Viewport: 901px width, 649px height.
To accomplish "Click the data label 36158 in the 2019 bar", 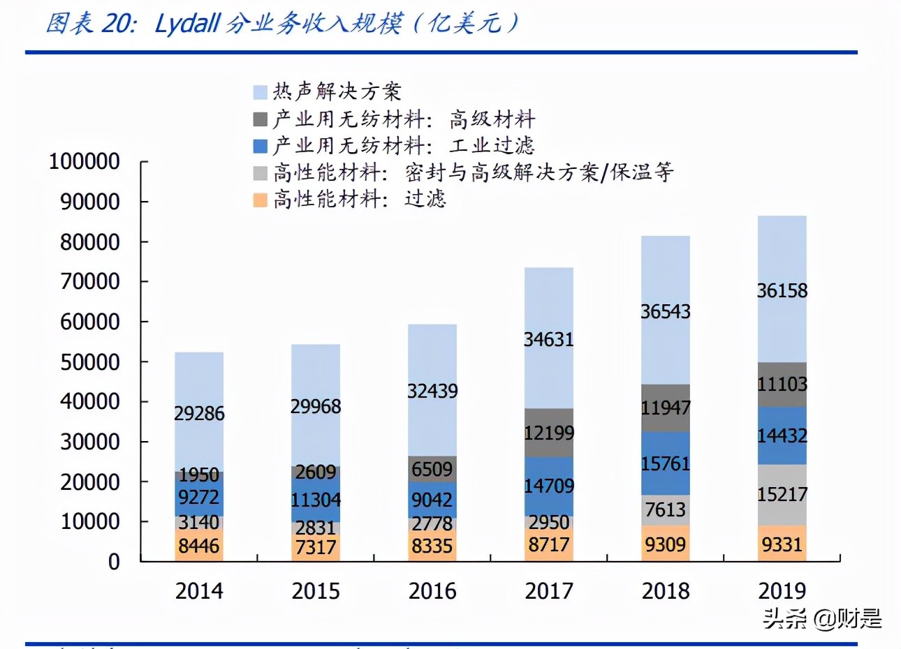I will pos(782,290).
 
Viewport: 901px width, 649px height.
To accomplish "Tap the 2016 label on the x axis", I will pos(432,591).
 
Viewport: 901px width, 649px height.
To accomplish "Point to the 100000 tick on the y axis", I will pos(85,161).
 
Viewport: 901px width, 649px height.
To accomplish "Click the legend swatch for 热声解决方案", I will pos(260,92).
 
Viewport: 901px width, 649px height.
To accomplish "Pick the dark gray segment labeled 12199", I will pos(549,433).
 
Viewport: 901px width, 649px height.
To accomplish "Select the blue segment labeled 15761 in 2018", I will pos(665,463).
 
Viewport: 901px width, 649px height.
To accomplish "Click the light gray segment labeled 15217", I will pos(782,494).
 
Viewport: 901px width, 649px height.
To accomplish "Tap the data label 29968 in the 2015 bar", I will pos(316,406).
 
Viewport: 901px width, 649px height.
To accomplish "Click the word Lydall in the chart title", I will pos(188,24).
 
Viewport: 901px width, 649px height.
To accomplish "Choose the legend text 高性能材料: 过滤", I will pos(359,200).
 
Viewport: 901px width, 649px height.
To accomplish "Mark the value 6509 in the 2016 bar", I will pos(432,469).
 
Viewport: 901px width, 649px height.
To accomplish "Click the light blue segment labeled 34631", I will pos(549,339).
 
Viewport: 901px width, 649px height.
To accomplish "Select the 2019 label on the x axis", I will pos(782,591).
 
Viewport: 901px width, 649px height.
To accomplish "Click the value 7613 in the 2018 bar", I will pos(665,509).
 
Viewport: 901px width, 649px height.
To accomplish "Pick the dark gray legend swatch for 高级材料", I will pos(260,119).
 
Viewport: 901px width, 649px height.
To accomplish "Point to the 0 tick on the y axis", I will pos(114,562).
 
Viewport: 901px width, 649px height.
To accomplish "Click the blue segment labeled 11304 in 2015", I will pos(316,500).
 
